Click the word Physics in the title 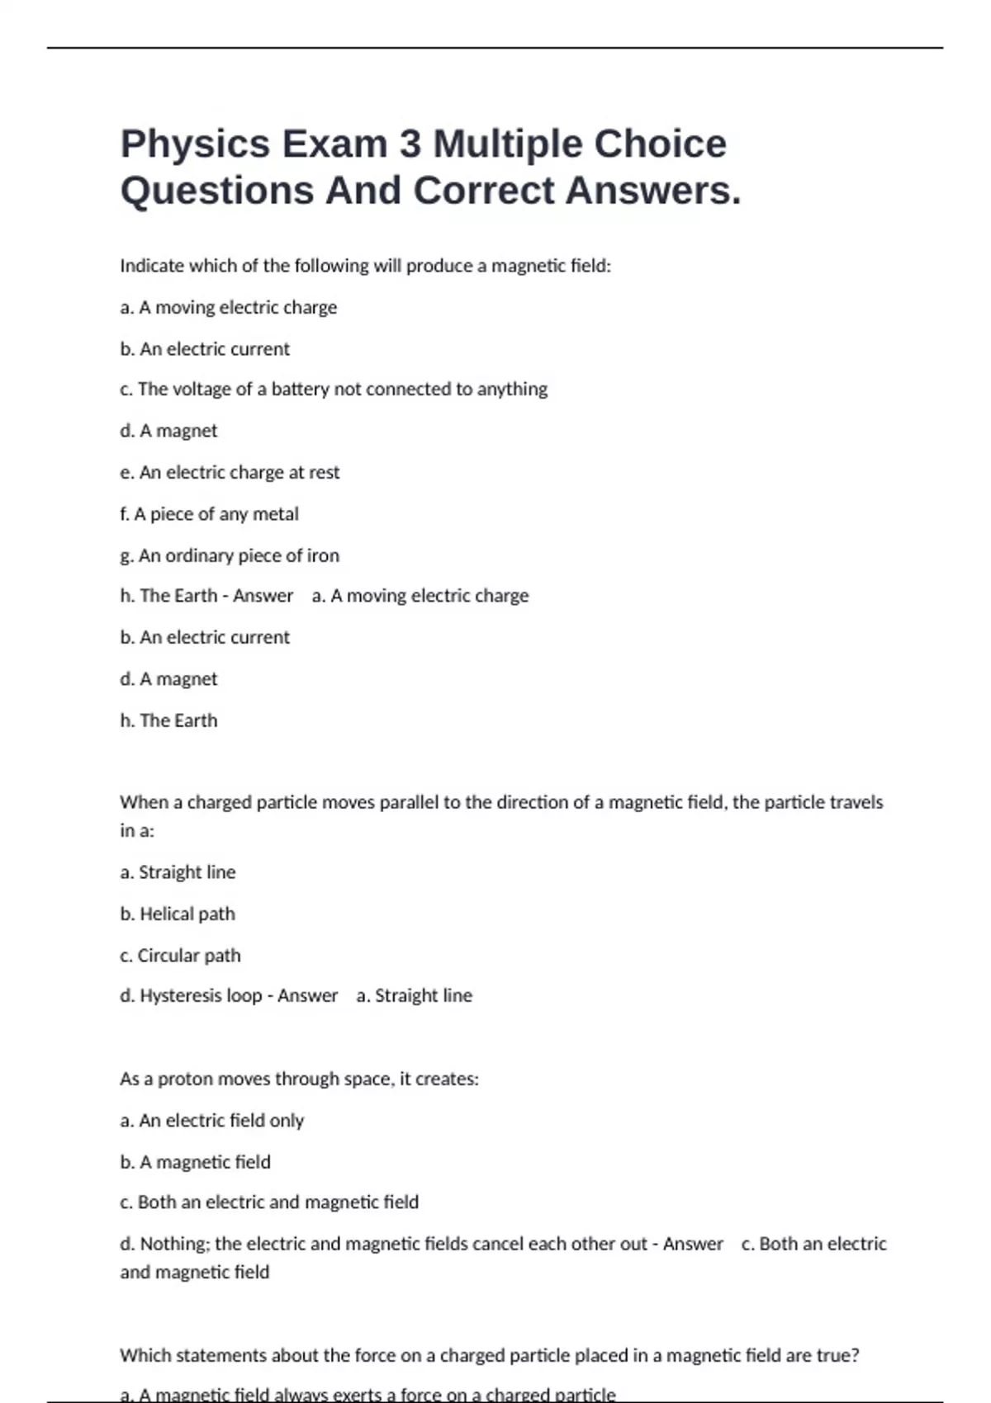point(195,144)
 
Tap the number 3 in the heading point(410,144)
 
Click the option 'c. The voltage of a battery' point(333,389)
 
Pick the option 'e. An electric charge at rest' point(230,472)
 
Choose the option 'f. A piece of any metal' point(209,514)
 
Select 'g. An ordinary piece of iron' point(230,555)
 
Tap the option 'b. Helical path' point(178,914)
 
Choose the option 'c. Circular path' point(180,955)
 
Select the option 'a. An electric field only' point(211,1120)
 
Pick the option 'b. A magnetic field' point(195,1162)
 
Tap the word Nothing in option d point(174,1244)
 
